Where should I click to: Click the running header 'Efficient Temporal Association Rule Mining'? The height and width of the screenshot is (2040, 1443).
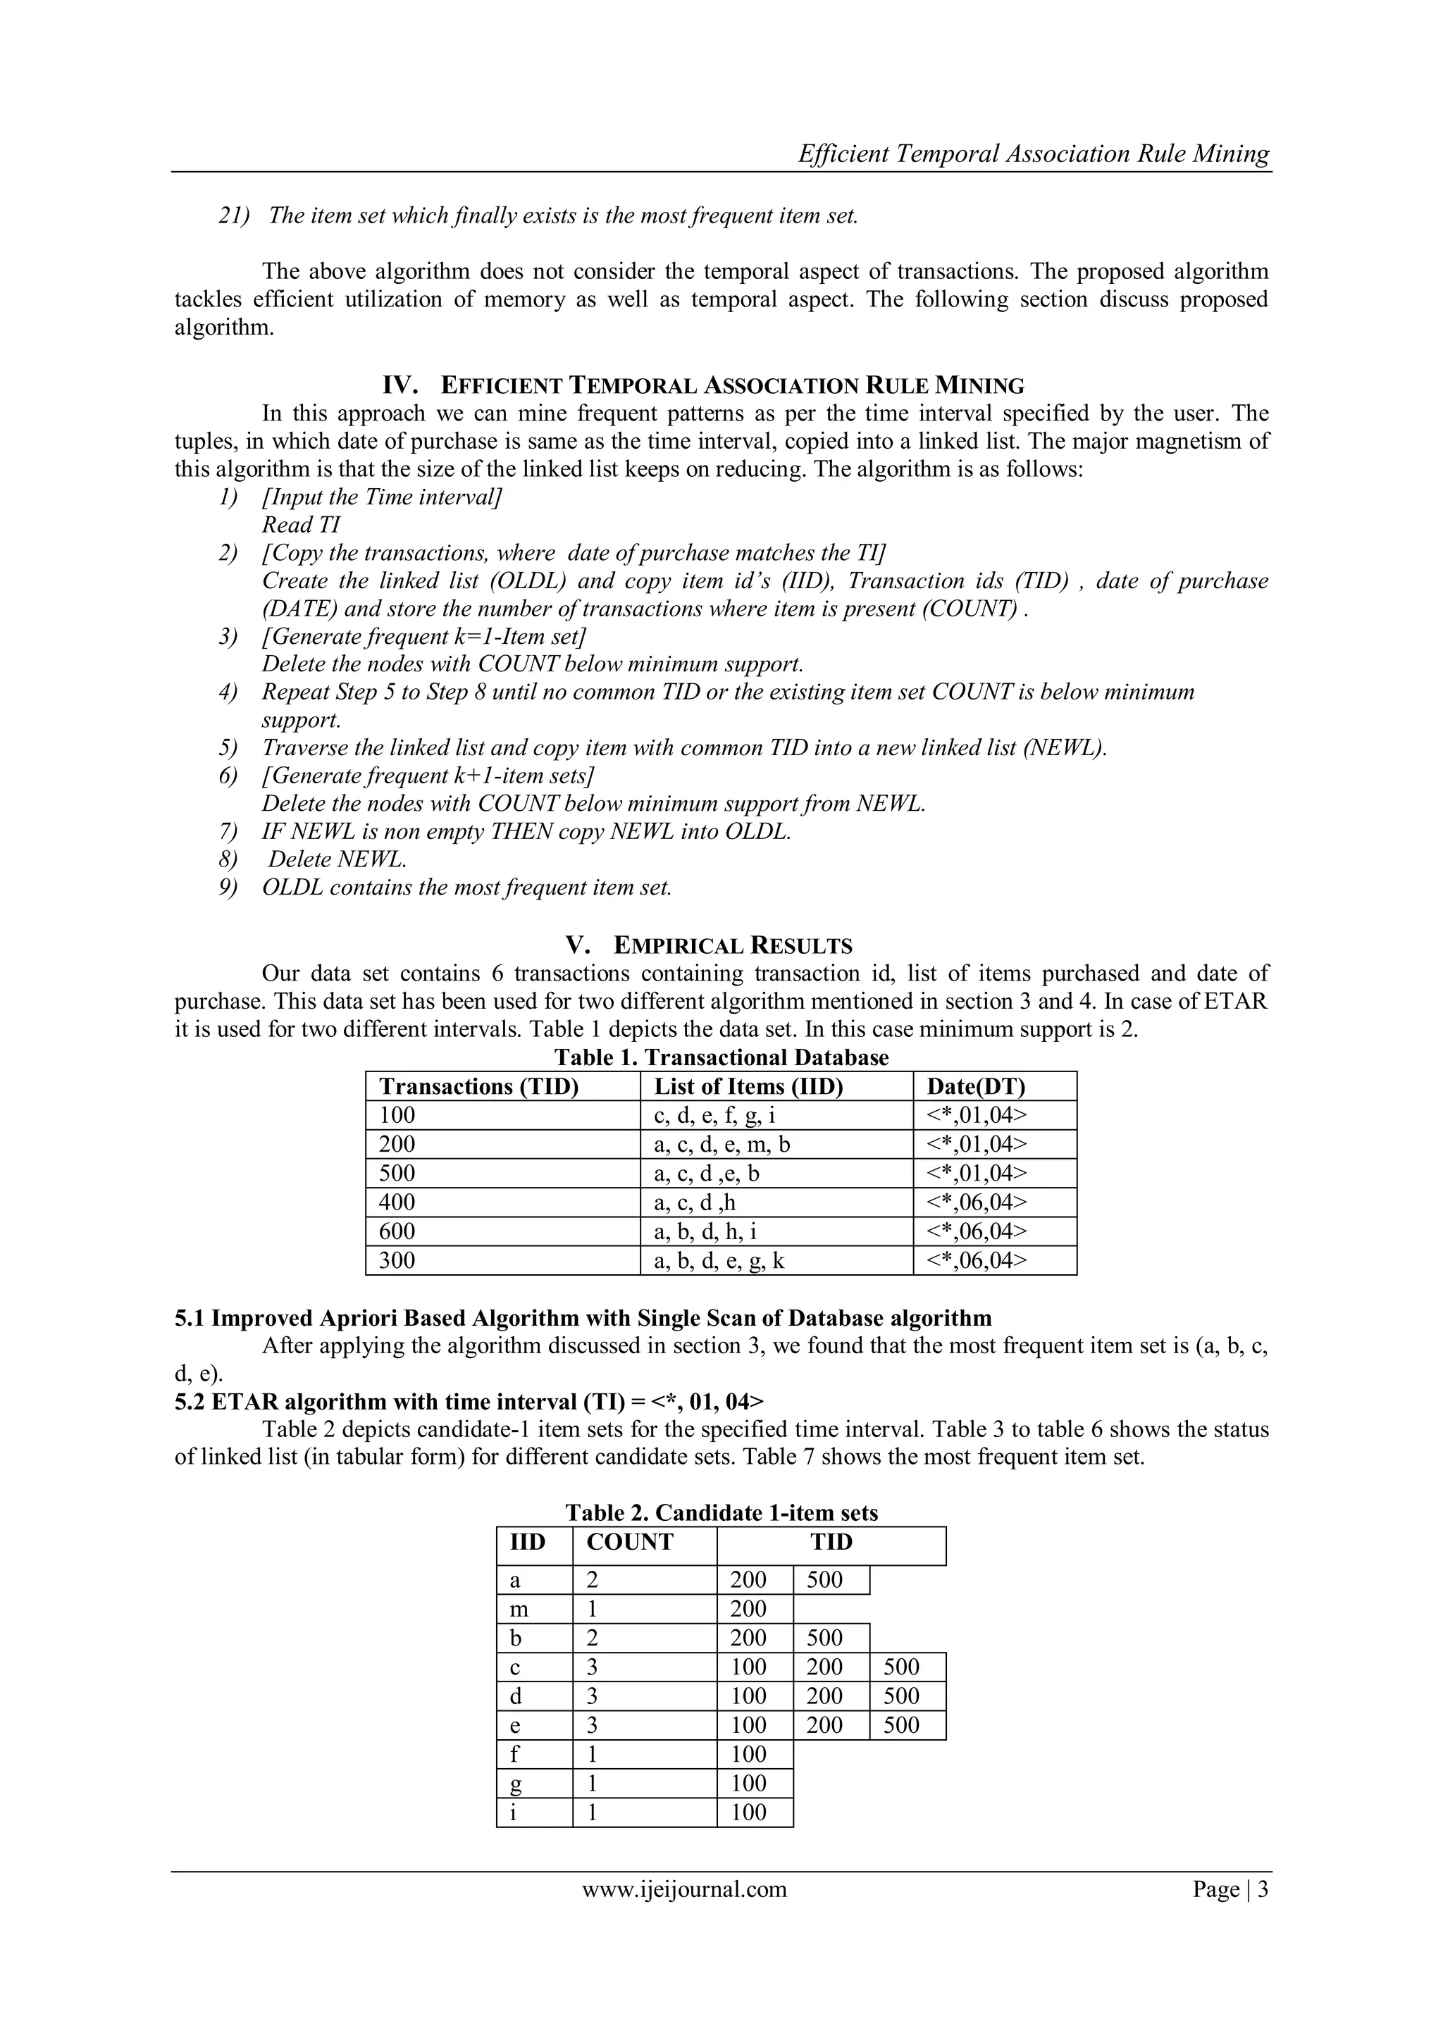tap(1034, 154)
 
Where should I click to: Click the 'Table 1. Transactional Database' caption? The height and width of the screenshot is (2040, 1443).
tap(721, 1057)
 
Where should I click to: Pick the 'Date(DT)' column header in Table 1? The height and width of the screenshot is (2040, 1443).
tap(976, 1087)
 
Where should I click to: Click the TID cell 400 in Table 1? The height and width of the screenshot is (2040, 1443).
tap(397, 1202)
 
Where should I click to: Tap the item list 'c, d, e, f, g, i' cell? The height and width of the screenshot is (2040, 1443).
tap(715, 1115)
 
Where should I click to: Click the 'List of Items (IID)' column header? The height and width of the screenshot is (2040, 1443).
tap(748, 1087)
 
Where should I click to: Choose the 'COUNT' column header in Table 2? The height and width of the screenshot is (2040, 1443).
tap(630, 1543)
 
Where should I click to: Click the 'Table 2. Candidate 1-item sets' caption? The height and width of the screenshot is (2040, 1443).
tap(721, 1513)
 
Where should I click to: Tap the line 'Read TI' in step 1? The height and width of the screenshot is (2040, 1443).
tap(302, 525)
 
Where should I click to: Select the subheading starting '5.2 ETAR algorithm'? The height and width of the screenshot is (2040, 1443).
tap(469, 1401)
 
